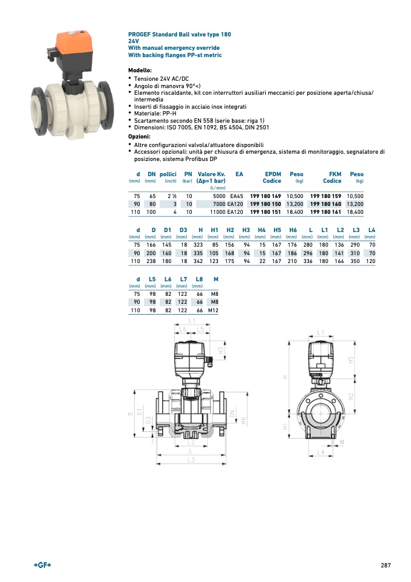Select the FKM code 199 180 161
point(325,213)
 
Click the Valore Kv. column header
point(212,174)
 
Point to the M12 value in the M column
point(212,310)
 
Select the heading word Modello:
point(140,71)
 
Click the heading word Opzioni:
point(139,137)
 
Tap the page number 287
point(386,566)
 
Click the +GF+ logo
point(42,566)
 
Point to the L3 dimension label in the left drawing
point(191,460)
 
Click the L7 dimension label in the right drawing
point(321,333)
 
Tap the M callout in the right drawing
point(342,442)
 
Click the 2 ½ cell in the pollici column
point(169,196)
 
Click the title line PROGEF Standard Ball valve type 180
point(180,35)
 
